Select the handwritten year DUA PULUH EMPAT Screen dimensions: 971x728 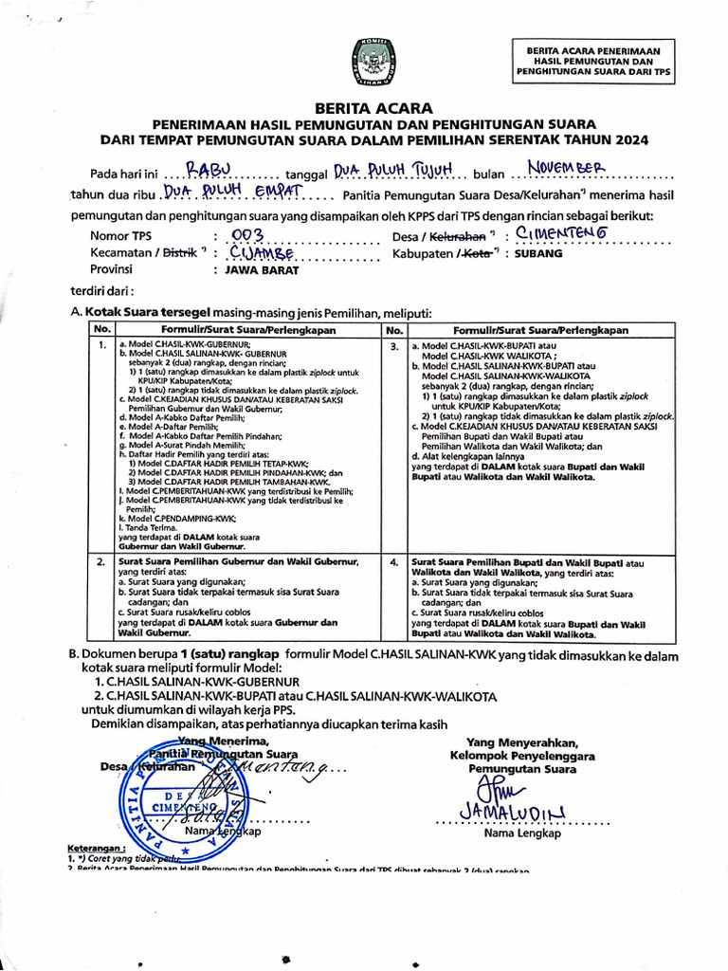pos(231,192)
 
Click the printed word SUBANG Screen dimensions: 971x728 pos(538,254)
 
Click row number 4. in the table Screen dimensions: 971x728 pos(395,562)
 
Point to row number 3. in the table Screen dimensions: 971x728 pos(395,347)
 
